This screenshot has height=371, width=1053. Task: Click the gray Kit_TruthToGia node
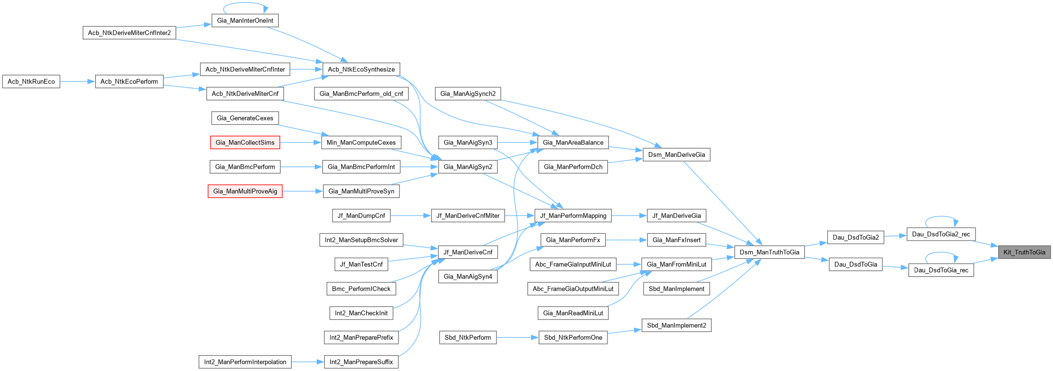1024,252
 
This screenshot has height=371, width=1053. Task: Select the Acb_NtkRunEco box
31,81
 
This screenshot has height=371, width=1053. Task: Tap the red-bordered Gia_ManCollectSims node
245,142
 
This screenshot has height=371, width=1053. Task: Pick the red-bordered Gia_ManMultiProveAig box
245,191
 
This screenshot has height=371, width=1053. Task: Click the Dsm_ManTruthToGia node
769,252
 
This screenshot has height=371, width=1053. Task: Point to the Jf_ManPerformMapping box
573,216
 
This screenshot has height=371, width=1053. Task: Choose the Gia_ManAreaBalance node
573,142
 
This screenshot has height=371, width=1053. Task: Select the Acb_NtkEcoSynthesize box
361,69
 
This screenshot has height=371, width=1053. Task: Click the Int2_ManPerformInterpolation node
245,362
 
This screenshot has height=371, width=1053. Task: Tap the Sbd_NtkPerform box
468,337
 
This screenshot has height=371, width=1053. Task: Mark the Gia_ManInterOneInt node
245,20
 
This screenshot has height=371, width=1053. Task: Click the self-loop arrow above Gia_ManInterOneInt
245,3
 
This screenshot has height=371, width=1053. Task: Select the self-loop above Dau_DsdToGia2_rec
941,217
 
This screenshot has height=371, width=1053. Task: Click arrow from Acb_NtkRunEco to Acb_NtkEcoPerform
77,81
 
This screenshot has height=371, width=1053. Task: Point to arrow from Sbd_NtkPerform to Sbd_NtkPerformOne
517,337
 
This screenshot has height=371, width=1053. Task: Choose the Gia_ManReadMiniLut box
573,313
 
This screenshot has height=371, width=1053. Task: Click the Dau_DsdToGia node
855,264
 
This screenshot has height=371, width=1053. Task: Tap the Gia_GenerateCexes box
245,118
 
